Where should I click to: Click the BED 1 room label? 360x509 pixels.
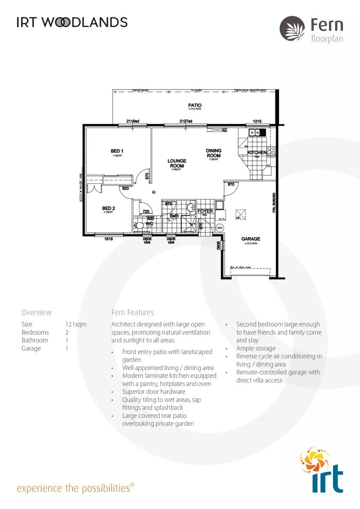[117, 151]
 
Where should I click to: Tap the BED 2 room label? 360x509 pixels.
[109, 208]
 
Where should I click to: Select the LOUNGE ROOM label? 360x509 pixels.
[177, 163]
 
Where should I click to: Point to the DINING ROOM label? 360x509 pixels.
[213, 153]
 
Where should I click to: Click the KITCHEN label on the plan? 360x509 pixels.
[257, 153]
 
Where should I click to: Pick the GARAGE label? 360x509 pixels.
[251, 239]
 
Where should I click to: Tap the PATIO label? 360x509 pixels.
[195, 105]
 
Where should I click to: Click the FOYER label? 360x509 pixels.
[205, 211]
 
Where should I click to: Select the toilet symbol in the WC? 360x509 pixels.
[139, 226]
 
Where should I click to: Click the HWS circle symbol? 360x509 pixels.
[219, 228]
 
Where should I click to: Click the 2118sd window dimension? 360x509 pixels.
[133, 121]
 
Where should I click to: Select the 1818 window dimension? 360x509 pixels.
[109, 239]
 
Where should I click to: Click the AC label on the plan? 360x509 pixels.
[225, 130]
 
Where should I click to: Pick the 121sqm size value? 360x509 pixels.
[76, 324]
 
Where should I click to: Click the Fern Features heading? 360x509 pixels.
[132, 312]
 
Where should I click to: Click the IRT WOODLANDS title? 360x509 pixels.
[72, 22]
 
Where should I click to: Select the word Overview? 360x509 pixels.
[37, 312]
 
